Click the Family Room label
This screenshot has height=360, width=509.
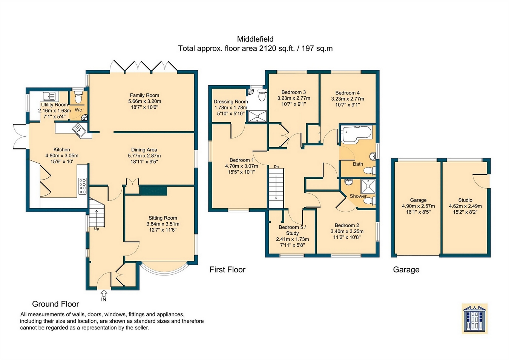[144, 95]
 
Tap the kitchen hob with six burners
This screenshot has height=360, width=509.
[83, 186]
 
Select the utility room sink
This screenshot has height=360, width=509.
[49, 96]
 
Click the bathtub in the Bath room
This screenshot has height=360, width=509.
[357, 134]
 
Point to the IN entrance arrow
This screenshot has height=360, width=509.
[104, 293]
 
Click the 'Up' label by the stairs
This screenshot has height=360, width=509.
[97, 229]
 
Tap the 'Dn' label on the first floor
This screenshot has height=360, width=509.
[276, 167]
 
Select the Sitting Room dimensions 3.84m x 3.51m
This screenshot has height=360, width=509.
[163, 224]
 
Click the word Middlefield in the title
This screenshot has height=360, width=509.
[255, 39]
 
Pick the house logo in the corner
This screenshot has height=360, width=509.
[475, 318]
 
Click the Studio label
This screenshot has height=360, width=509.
[465, 200]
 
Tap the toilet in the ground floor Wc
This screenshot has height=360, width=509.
[78, 97]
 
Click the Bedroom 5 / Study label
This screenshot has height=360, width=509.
[292, 230]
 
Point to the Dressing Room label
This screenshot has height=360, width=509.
[231, 102]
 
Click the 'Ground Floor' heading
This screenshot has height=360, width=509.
[55, 304]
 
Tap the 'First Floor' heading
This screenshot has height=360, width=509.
[227, 269]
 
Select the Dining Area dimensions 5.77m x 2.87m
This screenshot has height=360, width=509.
[144, 156]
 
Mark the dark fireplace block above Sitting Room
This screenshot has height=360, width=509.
[153, 191]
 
